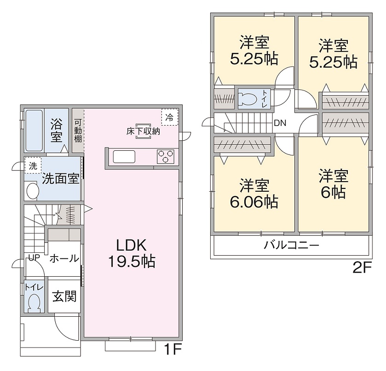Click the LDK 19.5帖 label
point(132,253)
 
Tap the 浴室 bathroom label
point(57,131)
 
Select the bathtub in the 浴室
point(34,131)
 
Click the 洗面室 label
point(61,178)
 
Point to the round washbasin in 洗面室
point(33,191)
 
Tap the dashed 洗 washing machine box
point(33,166)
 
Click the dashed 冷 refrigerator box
point(170,117)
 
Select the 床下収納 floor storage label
point(143,131)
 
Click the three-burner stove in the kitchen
point(166,156)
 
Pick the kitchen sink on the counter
point(124,156)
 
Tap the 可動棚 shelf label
point(78,131)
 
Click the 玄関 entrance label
point(64,296)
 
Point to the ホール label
point(64,258)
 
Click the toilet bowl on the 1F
point(34,302)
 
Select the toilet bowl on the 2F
point(248,99)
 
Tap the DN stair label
point(280,123)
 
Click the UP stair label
point(34,257)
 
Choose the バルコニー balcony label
point(292,245)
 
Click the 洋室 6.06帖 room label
point(254,194)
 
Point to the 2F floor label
point(362,268)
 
